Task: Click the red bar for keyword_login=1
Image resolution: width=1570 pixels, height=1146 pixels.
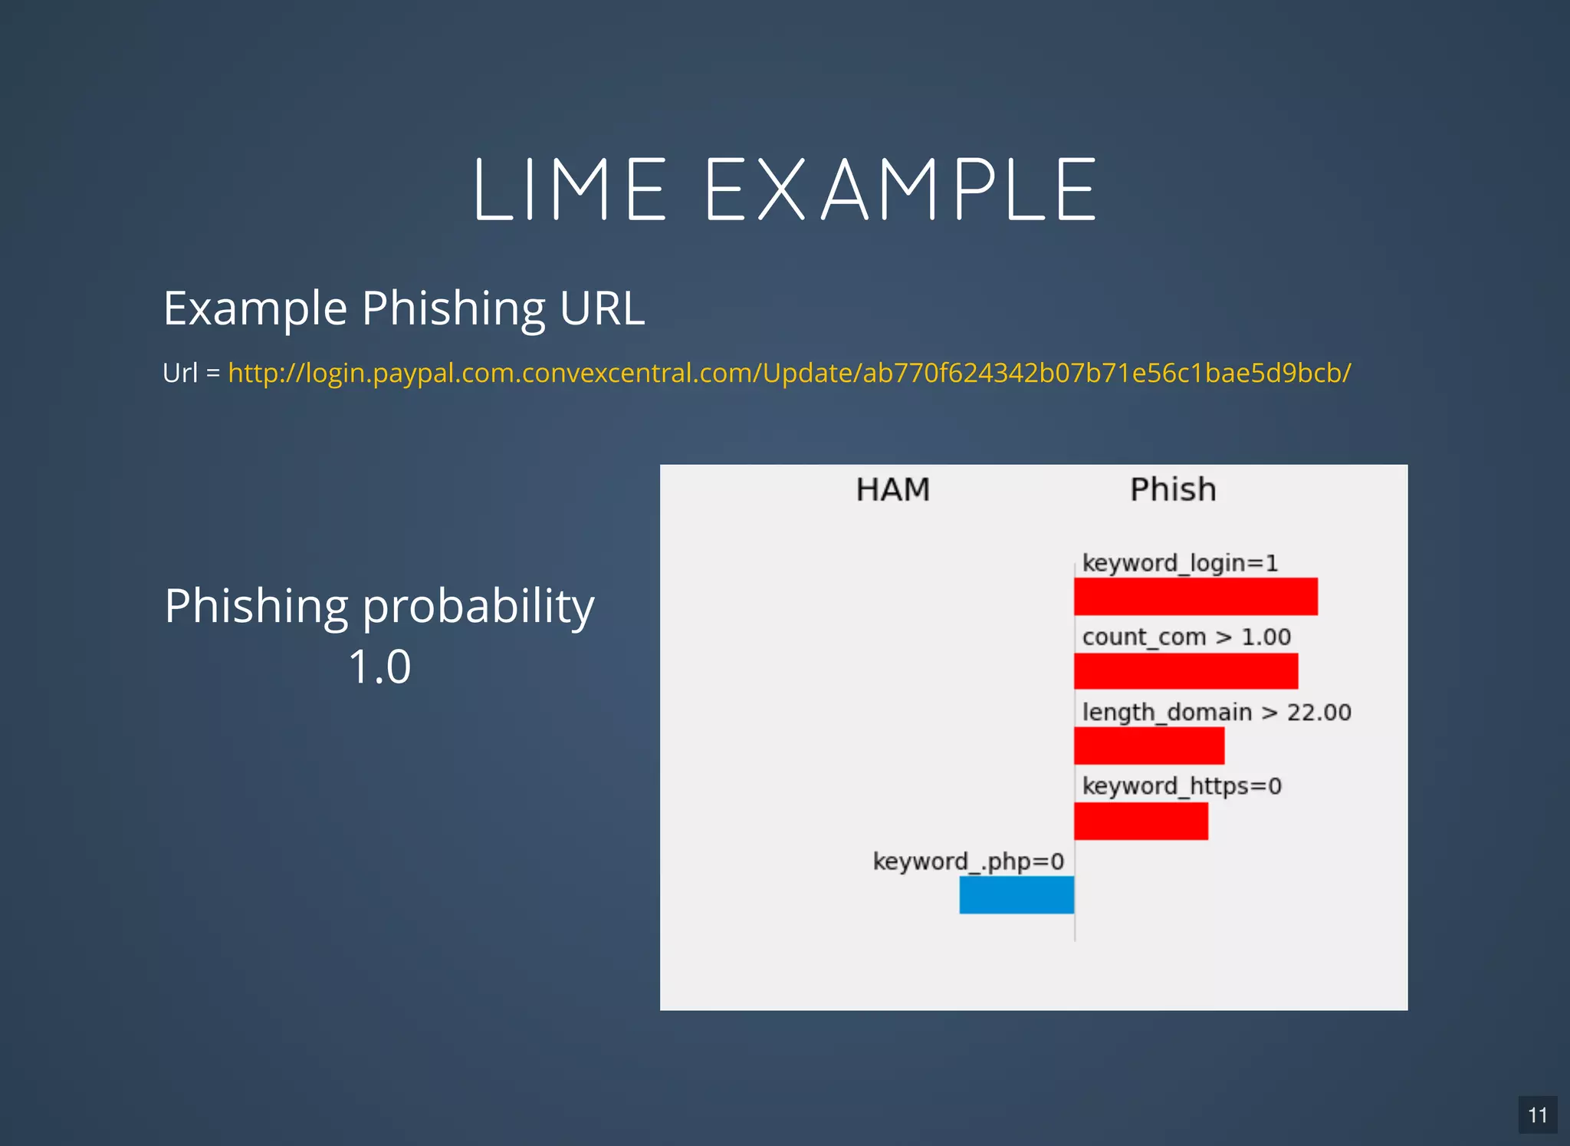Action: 1195,597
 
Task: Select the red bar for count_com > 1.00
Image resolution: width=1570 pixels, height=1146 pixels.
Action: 1185,671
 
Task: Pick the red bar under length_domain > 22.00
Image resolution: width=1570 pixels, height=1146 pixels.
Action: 1148,746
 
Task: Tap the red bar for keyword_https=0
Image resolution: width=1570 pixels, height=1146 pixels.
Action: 1141,821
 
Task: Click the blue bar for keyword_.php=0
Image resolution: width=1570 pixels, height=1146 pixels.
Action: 1017,894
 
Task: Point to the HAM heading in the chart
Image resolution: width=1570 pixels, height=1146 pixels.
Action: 892,489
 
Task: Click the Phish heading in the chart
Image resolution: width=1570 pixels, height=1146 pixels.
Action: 1173,489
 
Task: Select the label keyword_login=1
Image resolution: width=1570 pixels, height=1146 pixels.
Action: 1180,563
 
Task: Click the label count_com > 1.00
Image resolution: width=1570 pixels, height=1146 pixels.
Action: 1186,637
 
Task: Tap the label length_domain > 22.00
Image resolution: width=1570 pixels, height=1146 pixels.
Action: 1216,712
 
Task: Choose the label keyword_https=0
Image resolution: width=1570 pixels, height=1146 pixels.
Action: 1181,786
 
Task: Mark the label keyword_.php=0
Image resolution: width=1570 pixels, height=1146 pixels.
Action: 968,861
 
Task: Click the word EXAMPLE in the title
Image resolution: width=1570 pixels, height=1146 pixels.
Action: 901,189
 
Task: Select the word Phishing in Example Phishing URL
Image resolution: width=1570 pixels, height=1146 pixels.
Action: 453,308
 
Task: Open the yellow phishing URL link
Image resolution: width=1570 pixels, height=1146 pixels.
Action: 789,373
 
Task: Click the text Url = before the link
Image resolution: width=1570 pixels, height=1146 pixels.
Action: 191,373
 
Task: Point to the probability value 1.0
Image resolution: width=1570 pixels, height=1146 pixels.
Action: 379,666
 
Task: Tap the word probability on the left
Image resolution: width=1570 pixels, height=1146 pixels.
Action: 478,606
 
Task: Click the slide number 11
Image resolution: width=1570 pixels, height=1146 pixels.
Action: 1537,1115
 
